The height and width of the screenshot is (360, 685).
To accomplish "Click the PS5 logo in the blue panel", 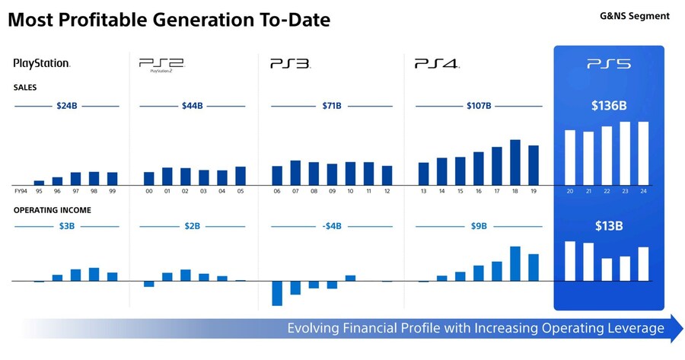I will coord(608,65).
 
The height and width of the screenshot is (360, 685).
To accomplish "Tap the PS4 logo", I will coord(437,64).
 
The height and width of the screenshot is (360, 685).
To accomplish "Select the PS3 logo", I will coord(290,64).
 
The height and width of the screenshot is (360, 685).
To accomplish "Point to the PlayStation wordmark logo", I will coord(42,64).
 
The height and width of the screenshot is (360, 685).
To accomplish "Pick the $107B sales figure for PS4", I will coord(479,106).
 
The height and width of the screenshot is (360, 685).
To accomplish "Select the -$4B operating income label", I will coord(332,225).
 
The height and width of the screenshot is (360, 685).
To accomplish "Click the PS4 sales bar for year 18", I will coord(515,162).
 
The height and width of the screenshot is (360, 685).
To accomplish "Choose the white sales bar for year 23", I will coord(625,153).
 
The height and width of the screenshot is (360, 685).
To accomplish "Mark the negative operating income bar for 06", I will coord(277,294).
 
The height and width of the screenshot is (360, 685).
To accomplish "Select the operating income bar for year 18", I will coord(515,263).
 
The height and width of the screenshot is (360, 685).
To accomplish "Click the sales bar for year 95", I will coord(40,183).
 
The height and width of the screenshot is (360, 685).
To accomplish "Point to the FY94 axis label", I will coord(20,191).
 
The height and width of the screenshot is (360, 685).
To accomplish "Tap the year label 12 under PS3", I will coord(387,191).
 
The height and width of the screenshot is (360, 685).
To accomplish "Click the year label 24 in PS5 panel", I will coord(643,191).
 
